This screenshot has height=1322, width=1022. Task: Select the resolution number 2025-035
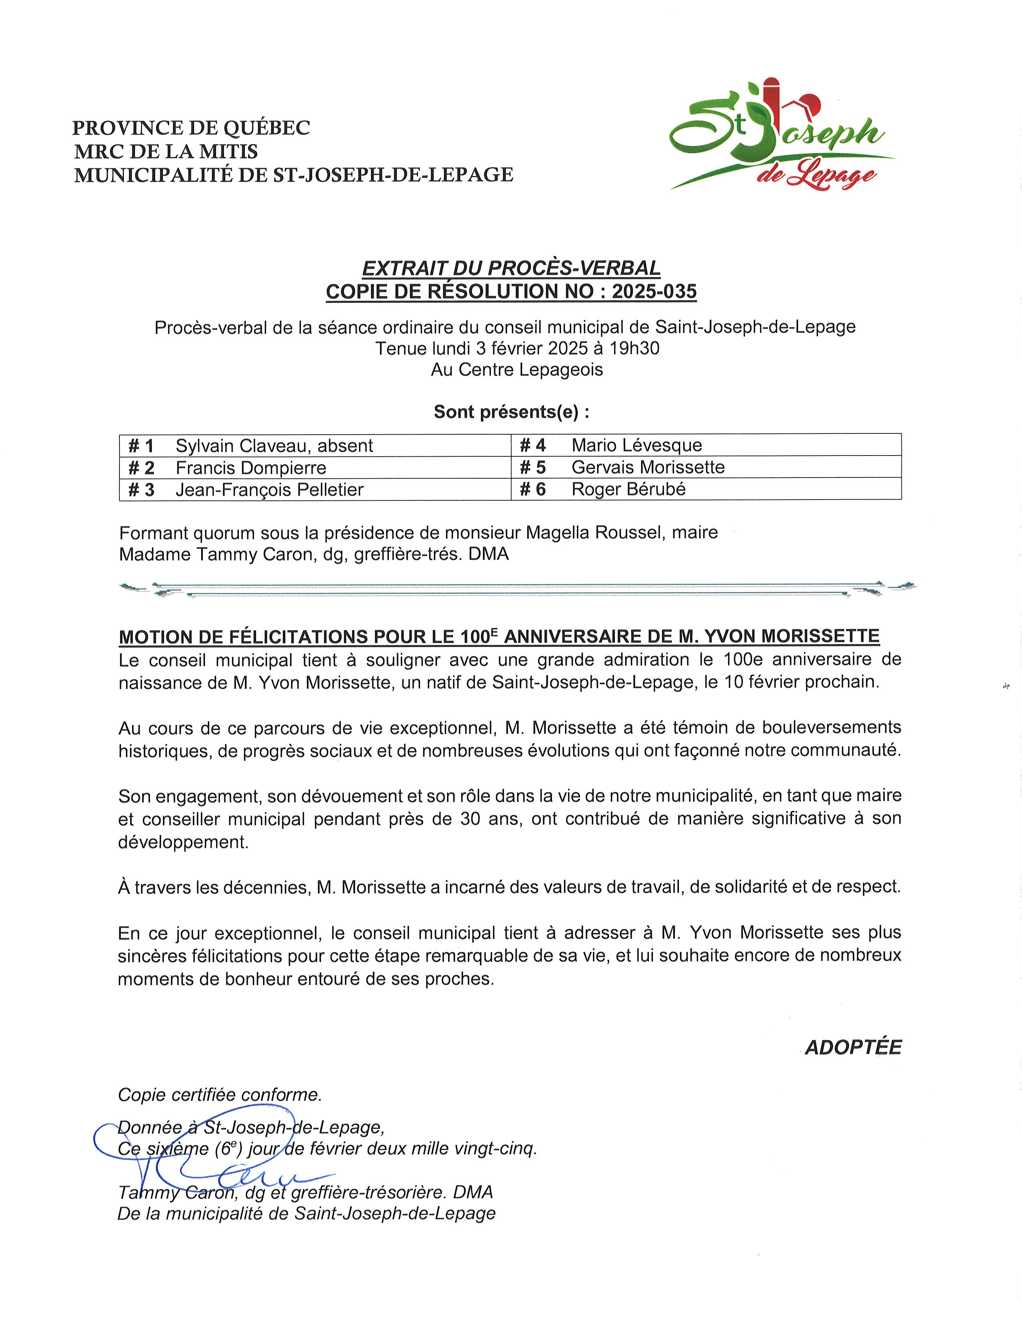tap(654, 292)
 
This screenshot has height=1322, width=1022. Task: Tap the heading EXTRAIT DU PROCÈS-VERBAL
tap(511, 268)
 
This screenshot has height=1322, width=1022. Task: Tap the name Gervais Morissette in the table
tap(648, 467)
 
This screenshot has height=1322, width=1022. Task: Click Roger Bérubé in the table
tap(628, 489)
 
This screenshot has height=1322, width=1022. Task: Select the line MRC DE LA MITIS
tap(166, 151)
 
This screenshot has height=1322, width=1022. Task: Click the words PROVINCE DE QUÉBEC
tap(191, 128)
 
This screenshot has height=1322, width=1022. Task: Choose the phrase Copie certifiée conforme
tap(220, 1095)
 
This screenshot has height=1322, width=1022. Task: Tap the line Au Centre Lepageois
tap(517, 370)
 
